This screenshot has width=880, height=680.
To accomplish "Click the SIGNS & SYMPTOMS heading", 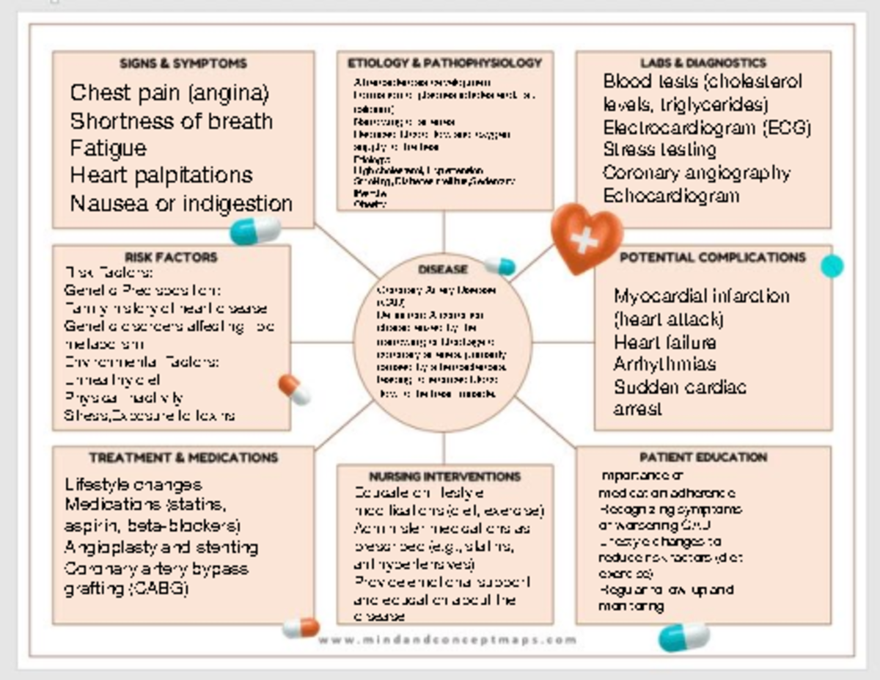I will [x=183, y=64].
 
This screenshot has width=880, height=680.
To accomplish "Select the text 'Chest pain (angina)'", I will [x=170, y=93].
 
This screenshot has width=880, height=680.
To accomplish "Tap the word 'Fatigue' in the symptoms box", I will [x=109, y=148].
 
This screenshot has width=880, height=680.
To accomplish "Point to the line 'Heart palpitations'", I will [x=161, y=175].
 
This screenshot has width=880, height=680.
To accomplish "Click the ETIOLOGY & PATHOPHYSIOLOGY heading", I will [x=444, y=63].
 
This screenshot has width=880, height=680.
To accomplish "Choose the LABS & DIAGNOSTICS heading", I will [x=703, y=63].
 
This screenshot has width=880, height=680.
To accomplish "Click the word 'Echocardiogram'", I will [x=671, y=196].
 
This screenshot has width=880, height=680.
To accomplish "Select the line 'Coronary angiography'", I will [x=696, y=173].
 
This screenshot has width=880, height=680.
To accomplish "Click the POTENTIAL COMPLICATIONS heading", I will [x=712, y=257].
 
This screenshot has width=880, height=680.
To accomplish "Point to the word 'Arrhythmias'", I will [x=665, y=364].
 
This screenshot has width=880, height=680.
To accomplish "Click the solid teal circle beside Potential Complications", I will [x=832, y=266].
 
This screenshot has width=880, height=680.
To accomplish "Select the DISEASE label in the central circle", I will [x=443, y=269].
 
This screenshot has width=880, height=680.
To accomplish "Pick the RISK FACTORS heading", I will [x=171, y=257].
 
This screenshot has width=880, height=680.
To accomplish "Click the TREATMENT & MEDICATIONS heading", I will [x=183, y=458].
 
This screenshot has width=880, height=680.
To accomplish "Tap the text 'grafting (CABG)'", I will [x=126, y=588].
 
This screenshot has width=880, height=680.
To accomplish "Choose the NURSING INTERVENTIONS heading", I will [x=444, y=477].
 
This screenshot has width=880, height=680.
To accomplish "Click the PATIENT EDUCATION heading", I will [x=703, y=458].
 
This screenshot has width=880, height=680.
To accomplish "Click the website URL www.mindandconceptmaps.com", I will [x=447, y=639].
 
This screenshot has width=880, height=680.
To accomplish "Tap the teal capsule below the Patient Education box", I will [x=683, y=636].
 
